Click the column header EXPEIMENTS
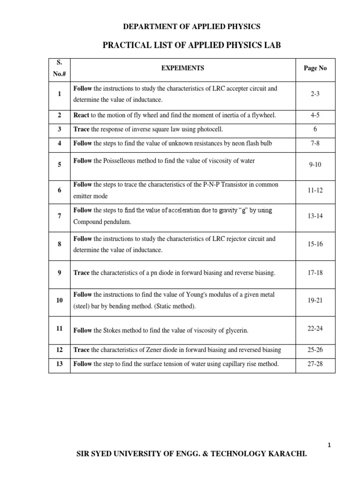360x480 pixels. click(183, 68)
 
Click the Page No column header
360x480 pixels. click(315, 68)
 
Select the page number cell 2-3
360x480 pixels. click(315, 94)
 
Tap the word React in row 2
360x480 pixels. click(82, 115)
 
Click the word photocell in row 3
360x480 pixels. click(210, 129)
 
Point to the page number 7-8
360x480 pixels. click(315, 143)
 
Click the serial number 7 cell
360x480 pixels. click(60, 216)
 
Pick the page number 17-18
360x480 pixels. click(315, 272)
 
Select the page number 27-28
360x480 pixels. click(315, 364)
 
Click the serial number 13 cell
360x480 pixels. click(60, 364)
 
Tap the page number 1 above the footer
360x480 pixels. click(330, 445)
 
